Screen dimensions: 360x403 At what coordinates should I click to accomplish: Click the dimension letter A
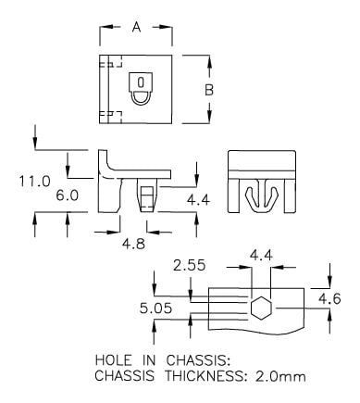pos(136,27)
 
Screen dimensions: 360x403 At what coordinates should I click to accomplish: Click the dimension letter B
pos(209,90)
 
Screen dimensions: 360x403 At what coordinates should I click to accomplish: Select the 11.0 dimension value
pos(34,181)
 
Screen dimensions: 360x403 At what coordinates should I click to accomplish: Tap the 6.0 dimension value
pos(68,195)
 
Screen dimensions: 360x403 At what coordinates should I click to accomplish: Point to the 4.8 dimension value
pos(133,244)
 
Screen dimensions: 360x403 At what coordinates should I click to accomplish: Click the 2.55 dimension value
pos(189,265)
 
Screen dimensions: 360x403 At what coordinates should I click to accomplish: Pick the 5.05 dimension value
pos(155,309)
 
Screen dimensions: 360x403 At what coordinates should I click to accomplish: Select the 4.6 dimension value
pos(329,299)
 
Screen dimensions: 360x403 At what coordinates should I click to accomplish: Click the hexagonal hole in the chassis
pos(261,309)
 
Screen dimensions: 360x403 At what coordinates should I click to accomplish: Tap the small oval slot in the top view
pos(141,82)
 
